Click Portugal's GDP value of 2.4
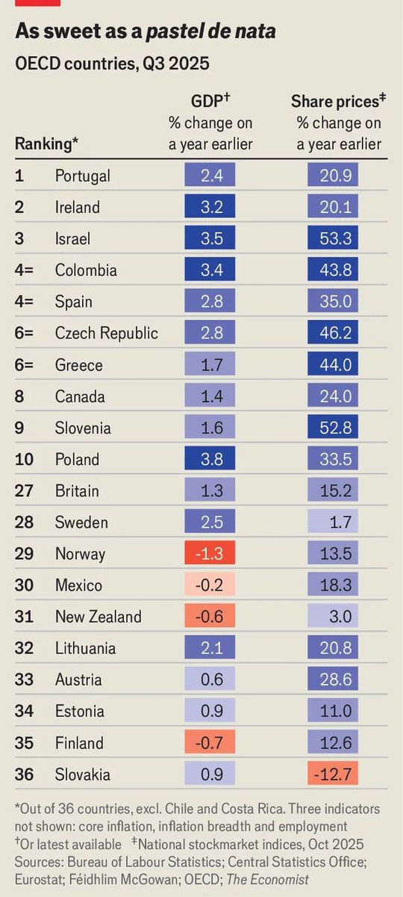click(x=210, y=176)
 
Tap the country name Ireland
click(x=77, y=207)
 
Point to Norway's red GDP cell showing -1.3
click(x=210, y=553)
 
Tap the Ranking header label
click(x=47, y=144)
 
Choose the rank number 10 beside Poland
click(x=25, y=459)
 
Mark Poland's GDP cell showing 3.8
click(x=210, y=459)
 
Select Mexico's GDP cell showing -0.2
click(x=210, y=585)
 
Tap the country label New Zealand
click(x=98, y=617)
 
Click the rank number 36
click(x=25, y=774)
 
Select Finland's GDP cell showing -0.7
click(x=210, y=742)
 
